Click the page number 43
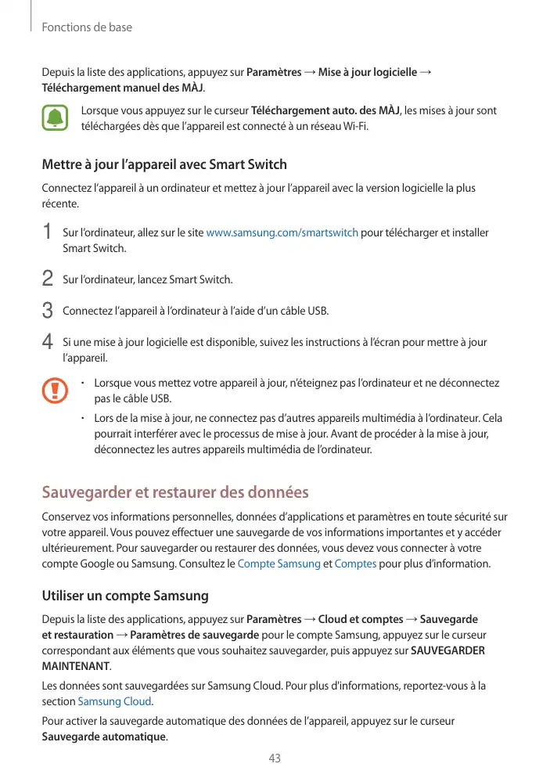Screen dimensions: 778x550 (275, 758)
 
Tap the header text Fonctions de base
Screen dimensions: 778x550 (87, 27)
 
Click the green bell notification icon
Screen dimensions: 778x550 (55, 118)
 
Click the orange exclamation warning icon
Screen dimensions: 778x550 (55, 390)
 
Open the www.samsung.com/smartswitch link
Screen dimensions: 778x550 (282, 232)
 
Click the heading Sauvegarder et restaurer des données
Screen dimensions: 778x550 (175, 493)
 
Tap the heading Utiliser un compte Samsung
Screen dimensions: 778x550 (125, 596)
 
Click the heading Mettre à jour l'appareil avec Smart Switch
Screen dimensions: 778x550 (164, 164)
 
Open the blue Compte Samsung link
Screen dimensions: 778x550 (279, 564)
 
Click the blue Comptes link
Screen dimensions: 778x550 (355, 564)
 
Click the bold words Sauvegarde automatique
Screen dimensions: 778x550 (103, 737)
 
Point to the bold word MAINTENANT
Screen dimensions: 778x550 (75, 666)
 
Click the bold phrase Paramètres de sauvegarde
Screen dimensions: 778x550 (195, 635)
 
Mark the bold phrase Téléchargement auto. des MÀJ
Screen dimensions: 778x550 (325, 110)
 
